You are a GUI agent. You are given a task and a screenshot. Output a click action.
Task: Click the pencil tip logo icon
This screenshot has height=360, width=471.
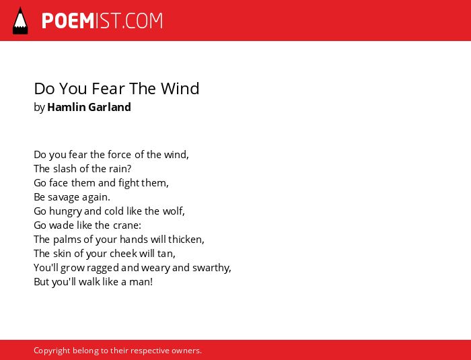pyautogui.click(x=20, y=21)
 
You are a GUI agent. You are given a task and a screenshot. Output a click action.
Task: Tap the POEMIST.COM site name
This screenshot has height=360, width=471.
pyautogui.click(x=102, y=21)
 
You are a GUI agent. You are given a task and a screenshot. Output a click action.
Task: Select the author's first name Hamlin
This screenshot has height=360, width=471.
pyautogui.click(x=67, y=107)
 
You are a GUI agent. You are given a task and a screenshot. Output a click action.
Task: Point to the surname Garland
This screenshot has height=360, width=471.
pyautogui.click(x=110, y=107)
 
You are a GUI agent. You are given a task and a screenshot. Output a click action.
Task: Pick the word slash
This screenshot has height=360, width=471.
pyautogui.click(x=65, y=169)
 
